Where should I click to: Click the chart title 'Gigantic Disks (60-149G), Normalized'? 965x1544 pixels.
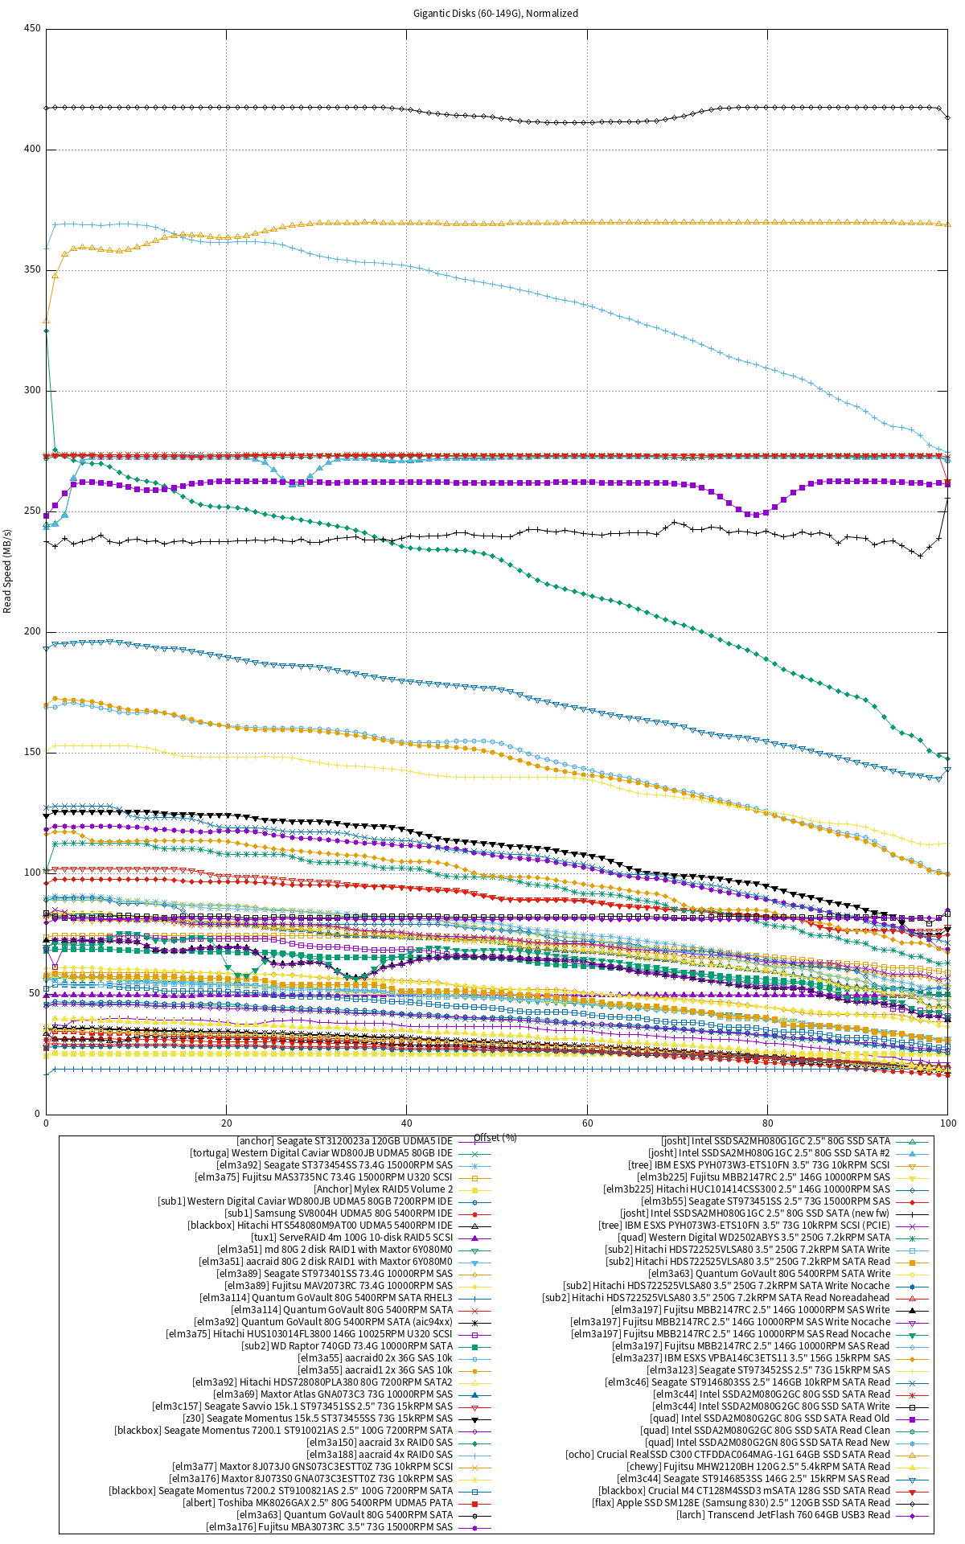495,14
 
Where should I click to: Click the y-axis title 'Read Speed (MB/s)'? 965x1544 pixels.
8,571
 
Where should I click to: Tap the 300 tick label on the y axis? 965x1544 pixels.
33,391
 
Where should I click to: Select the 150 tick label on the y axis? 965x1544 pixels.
33,753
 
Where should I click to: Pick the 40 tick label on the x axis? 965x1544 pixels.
407,1123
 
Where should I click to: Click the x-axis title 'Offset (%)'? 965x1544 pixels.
495,1138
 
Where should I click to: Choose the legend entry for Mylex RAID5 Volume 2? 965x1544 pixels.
384,1189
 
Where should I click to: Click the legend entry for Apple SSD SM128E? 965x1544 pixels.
741,1503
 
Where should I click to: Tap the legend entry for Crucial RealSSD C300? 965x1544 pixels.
728,1455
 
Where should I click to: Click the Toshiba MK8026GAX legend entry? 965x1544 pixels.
318,1503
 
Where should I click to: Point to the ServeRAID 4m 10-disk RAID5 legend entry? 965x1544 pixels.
351,1238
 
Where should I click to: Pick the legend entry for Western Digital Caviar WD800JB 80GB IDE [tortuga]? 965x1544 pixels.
321,1153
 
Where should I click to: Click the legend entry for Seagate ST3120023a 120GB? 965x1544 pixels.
344,1141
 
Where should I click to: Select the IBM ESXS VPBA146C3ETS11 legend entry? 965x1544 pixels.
751,1358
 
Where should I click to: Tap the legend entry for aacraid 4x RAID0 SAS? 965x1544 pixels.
380,1455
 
